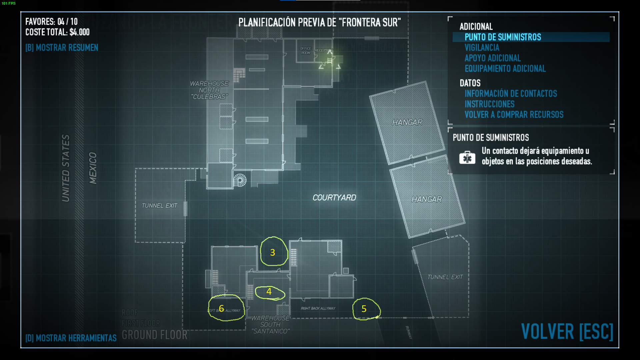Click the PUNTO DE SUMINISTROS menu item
(503, 37)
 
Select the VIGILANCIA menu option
(482, 48)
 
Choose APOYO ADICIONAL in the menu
(492, 58)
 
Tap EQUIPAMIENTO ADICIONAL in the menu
(505, 69)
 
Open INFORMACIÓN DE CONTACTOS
(511, 94)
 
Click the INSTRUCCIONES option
(489, 104)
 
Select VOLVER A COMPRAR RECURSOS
(514, 115)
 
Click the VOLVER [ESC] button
(567, 332)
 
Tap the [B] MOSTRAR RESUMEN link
(62, 48)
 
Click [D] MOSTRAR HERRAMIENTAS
(71, 338)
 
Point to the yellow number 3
(273, 252)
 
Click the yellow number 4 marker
(269, 292)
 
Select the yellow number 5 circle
(364, 309)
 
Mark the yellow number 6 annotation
(221, 308)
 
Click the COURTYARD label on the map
(334, 198)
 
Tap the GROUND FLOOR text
(155, 335)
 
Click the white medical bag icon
(467, 157)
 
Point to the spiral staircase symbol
(240, 180)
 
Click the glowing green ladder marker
(330, 61)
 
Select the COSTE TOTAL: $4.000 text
(57, 32)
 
